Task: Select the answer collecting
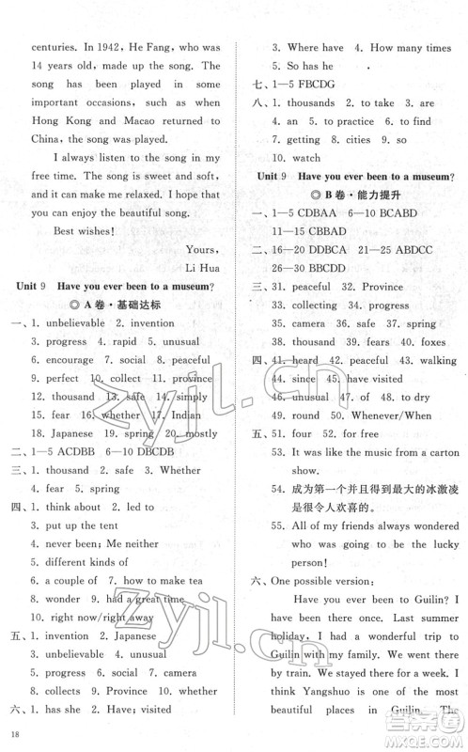point(311,304)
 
